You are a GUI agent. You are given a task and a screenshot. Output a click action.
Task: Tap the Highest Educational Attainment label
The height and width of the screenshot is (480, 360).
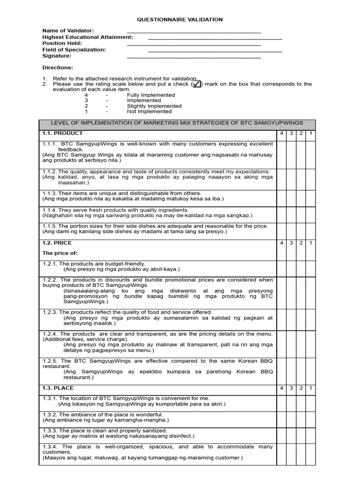(88, 37)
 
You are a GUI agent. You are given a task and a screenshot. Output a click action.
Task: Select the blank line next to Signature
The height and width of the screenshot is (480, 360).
(194, 58)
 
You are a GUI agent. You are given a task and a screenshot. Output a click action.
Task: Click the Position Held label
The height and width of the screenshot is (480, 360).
(62, 43)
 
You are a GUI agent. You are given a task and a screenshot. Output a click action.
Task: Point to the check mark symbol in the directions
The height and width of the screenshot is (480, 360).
(196, 84)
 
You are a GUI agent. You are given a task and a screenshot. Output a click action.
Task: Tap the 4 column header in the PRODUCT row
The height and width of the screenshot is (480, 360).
(281, 134)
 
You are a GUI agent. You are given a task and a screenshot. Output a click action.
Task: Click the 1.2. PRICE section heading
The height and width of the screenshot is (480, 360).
(57, 243)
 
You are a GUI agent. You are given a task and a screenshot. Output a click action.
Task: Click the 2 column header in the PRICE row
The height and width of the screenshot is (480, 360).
(301, 243)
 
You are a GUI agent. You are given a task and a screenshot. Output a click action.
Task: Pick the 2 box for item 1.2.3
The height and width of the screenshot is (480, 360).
(301, 317)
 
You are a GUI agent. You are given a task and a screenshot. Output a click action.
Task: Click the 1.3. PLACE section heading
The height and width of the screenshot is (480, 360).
(58, 388)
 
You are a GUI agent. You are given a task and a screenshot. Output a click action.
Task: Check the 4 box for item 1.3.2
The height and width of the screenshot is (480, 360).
(281, 417)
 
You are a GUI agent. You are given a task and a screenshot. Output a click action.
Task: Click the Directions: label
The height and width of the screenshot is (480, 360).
(58, 67)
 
